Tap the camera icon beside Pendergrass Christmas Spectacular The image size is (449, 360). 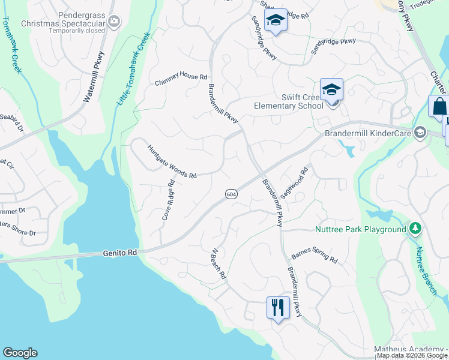[114, 22]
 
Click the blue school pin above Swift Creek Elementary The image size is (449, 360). [331, 90]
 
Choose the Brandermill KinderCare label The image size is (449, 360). [370, 133]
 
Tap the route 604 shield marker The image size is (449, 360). [232, 193]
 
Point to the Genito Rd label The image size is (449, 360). [119, 254]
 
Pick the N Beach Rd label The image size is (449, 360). [217, 264]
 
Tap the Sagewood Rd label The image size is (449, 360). [294, 184]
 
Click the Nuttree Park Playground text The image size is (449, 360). [360, 230]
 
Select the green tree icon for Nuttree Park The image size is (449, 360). [414, 229]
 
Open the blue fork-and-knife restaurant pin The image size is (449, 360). [277, 308]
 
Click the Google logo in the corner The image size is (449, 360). [20, 353]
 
